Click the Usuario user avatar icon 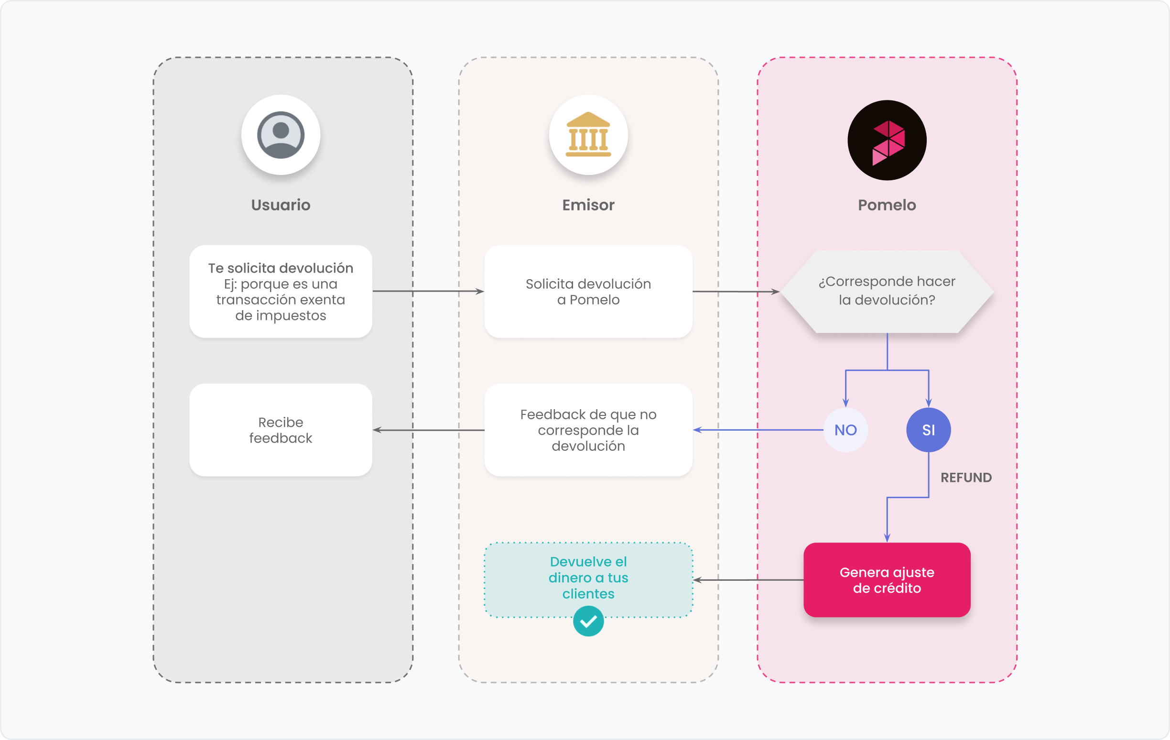pyautogui.click(x=281, y=135)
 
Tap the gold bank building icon pyautogui.click(x=588, y=135)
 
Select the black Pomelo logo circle pyautogui.click(x=887, y=141)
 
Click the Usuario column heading pyautogui.click(x=281, y=205)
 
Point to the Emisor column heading pyautogui.click(x=588, y=205)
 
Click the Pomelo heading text pyautogui.click(x=887, y=205)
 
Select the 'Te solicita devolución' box pyautogui.click(x=281, y=292)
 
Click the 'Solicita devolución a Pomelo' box pyautogui.click(x=588, y=292)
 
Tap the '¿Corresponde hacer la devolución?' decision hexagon pyautogui.click(x=887, y=292)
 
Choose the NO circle pyautogui.click(x=845, y=430)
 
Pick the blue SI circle pyautogui.click(x=929, y=430)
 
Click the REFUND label pyautogui.click(x=966, y=478)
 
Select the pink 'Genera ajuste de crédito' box pyautogui.click(x=887, y=580)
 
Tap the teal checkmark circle pyautogui.click(x=588, y=621)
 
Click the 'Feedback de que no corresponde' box pyautogui.click(x=588, y=430)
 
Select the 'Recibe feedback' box pyautogui.click(x=281, y=430)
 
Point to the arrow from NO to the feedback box pyautogui.click(x=758, y=430)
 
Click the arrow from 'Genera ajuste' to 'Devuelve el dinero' pyautogui.click(x=748, y=580)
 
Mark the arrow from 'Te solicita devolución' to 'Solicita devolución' pyautogui.click(x=428, y=292)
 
